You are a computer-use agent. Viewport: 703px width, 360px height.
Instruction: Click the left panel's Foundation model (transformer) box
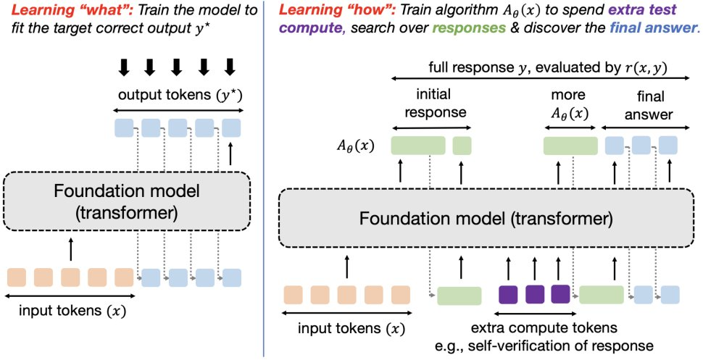pos(126,201)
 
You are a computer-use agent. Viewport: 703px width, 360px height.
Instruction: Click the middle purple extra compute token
pos(534,294)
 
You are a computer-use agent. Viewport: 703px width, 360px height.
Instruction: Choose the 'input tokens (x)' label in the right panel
pos(348,328)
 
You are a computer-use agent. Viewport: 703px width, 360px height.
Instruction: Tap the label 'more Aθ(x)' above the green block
pos(562,104)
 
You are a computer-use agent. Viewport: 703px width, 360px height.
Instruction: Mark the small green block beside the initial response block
pos(462,146)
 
